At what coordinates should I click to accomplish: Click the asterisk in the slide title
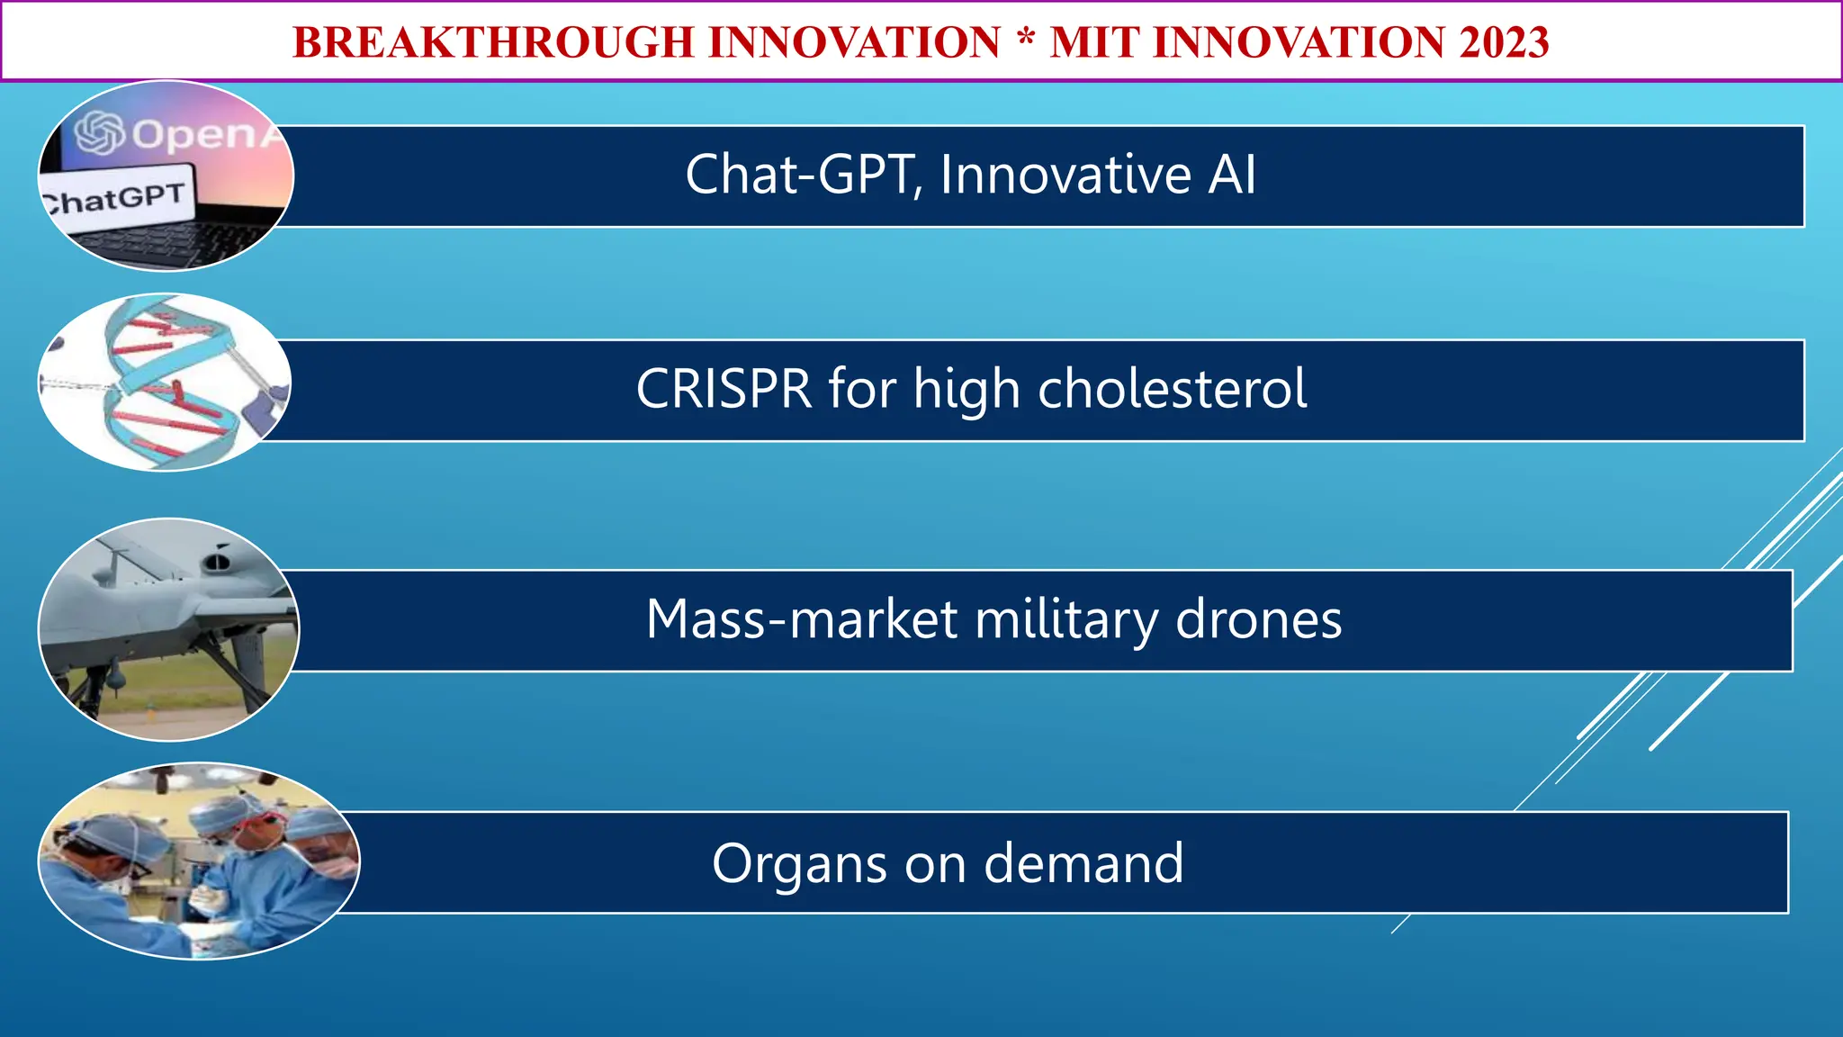(x=1025, y=39)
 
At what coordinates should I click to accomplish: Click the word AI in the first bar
(x=1231, y=175)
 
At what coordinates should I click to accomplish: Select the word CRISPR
(x=724, y=389)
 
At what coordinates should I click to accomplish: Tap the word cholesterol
(x=1172, y=389)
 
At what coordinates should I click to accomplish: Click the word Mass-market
(x=801, y=619)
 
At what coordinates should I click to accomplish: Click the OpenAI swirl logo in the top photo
(x=99, y=133)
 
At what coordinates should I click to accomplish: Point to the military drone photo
(x=168, y=629)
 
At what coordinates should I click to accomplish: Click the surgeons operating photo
(x=198, y=861)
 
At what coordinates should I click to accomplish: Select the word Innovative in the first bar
(x=1065, y=175)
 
